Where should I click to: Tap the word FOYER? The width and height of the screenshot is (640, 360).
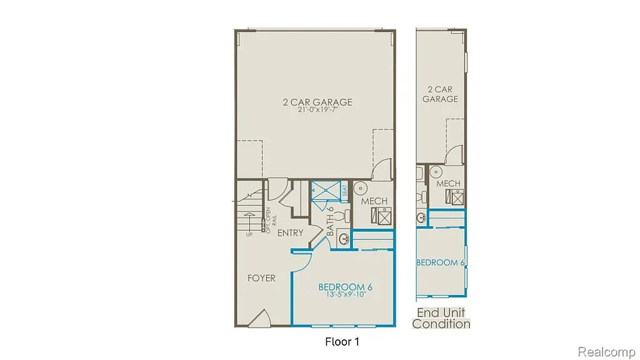click(261, 278)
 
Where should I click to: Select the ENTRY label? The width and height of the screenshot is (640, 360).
click(290, 233)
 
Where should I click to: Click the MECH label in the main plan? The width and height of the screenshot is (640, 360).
click(374, 201)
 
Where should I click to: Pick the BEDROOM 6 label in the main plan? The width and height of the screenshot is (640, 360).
click(345, 287)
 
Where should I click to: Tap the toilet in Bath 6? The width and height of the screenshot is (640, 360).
click(341, 216)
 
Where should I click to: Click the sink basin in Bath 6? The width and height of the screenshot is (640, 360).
click(342, 236)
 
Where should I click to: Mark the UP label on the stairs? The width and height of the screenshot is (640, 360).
click(249, 235)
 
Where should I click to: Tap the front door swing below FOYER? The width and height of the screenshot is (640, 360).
click(259, 319)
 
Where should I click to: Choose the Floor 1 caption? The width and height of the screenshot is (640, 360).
click(342, 342)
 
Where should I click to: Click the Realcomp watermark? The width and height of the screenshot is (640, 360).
click(606, 352)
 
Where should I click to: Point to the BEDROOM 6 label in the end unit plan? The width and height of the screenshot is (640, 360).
click(440, 262)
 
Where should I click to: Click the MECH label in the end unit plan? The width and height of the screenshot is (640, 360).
click(448, 184)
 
